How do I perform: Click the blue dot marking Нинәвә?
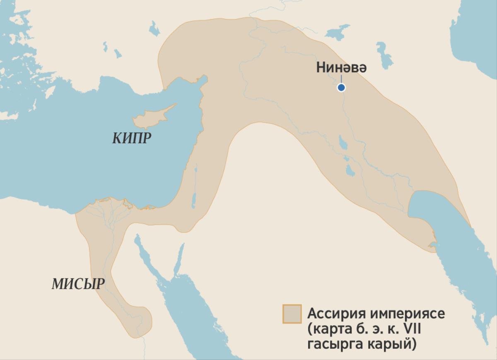tap(341, 87)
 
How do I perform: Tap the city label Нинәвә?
tap(341, 68)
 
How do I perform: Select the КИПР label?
tap(131, 138)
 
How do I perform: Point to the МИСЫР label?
tap(78, 284)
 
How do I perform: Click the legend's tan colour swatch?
tap(292, 314)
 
